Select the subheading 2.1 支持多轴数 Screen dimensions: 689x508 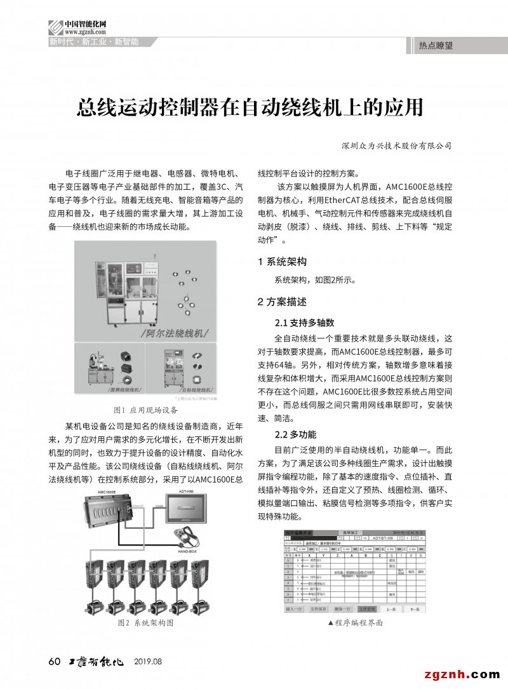click(304, 322)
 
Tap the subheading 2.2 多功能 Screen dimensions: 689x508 click(295, 434)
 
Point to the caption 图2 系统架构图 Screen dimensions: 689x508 click(146, 623)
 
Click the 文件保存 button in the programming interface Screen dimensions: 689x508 click(321, 609)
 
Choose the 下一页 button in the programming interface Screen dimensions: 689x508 click(415, 609)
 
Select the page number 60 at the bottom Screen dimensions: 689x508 click(54, 662)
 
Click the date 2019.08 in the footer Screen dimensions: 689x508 click(148, 662)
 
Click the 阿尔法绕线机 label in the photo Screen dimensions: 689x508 click(174, 332)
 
